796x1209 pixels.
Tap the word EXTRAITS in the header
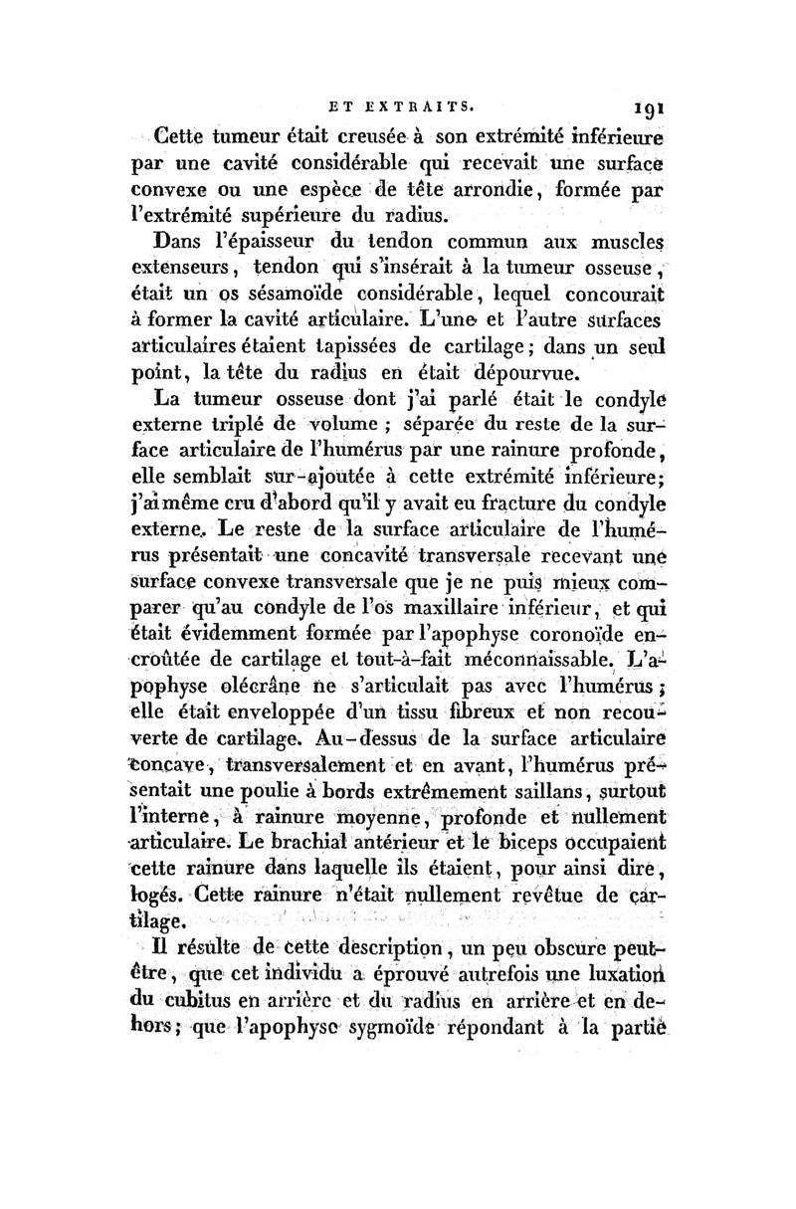pyautogui.click(x=423, y=101)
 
